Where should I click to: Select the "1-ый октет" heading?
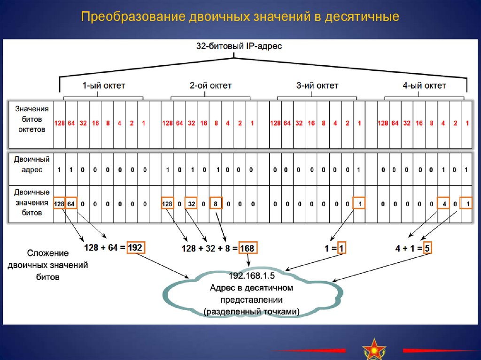104,85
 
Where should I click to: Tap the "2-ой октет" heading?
210,85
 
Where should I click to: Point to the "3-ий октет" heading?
318,85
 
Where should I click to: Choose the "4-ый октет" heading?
425,85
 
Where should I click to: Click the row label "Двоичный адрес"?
31,164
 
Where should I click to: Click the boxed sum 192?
135,247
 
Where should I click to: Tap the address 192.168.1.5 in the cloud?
252,275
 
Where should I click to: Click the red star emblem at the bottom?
374,348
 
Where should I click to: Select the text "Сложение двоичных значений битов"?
48,265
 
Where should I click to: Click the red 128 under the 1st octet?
59,123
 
